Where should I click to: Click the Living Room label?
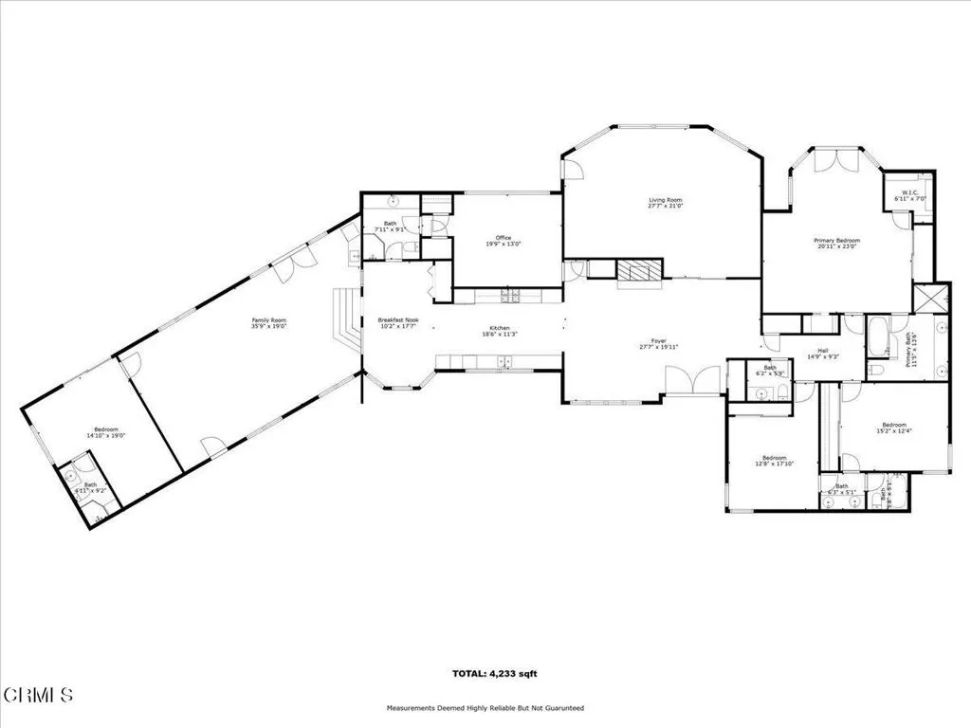pos(665,200)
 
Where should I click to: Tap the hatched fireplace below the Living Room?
pos(638,271)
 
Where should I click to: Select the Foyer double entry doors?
pos(693,383)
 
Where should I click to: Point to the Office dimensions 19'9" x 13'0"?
pos(503,244)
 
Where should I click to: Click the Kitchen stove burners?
pos(510,297)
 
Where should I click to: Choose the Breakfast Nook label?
pos(397,320)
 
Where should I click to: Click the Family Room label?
pos(268,320)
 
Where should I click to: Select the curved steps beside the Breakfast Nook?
pos(347,320)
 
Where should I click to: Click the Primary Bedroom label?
pos(835,241)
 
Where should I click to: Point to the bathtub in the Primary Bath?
pos(877,336)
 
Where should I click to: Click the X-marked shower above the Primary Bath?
pos(930,298)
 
